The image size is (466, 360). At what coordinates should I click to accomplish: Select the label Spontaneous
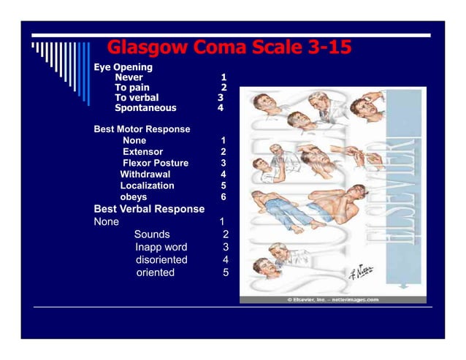click(145, 108)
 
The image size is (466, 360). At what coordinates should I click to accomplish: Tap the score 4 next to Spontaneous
click(220, 108)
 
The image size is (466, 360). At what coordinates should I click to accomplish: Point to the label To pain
click(132, 87)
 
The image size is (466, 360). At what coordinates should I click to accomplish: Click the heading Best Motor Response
click(142, 129)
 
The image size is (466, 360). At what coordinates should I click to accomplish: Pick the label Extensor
click(142, 151)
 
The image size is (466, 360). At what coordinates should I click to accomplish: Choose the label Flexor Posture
click(155, 163)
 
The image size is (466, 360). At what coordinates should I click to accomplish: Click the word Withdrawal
click(145, 175)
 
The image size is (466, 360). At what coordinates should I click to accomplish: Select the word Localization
click(147, 185)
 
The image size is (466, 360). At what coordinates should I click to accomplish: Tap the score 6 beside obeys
click(224, 197)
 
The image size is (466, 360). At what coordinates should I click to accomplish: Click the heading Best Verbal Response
click(149, 209)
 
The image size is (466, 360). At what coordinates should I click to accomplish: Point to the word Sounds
click(152, 234)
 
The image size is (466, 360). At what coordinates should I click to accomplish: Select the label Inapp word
click(161, 248)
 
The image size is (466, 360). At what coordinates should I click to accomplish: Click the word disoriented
click(161, 260)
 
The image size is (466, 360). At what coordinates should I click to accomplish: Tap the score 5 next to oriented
click(226, 272)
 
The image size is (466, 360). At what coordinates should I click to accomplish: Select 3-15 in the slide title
click(318, 49)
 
